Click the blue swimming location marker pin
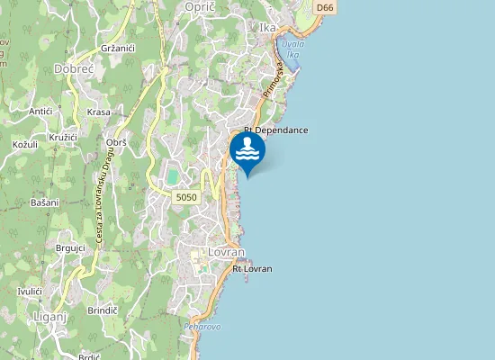point(247,152)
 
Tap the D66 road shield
point(326,7)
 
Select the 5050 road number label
point(186,196)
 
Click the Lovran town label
point(220,253)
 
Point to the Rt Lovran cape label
point(252,268)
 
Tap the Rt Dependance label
point(275,130)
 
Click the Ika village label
point(267,28)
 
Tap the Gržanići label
point(118,47)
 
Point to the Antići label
point(40,112)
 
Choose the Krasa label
point(99,112)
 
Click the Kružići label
point(62,136)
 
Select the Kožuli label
point(24,144)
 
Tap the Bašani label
point(44,202)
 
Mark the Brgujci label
point(69,247)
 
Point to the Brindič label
point(103,310)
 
